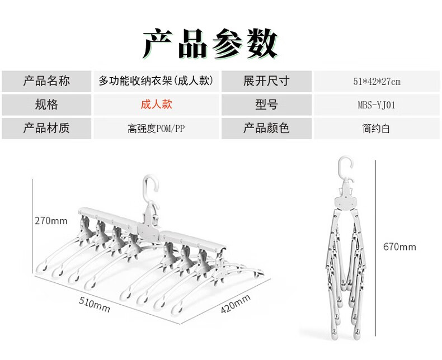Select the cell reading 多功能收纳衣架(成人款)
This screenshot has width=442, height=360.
click(x=156, y=81)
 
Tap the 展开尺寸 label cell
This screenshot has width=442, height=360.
click(x=266, y=81)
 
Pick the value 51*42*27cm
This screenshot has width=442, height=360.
click(x=376, y=82)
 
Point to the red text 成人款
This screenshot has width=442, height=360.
click(x=156, y=104)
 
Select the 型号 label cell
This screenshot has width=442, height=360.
click(x=266, y=105)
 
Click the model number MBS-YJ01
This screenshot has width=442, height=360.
click(x=376, y=105)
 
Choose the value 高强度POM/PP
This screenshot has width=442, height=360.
click(x=156, y=129)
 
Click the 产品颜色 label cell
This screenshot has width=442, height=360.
click(x=266, y=128)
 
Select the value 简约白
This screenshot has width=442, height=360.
click(x=376, y=129)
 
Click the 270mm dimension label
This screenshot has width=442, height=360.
click(x=51, y=221)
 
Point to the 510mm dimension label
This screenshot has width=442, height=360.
click(x=93, y=305)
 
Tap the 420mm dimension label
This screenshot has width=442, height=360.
click(x=235, y=305)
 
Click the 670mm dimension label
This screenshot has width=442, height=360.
click(x=399, y=247)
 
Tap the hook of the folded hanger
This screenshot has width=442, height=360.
click(x=345, y=166)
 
